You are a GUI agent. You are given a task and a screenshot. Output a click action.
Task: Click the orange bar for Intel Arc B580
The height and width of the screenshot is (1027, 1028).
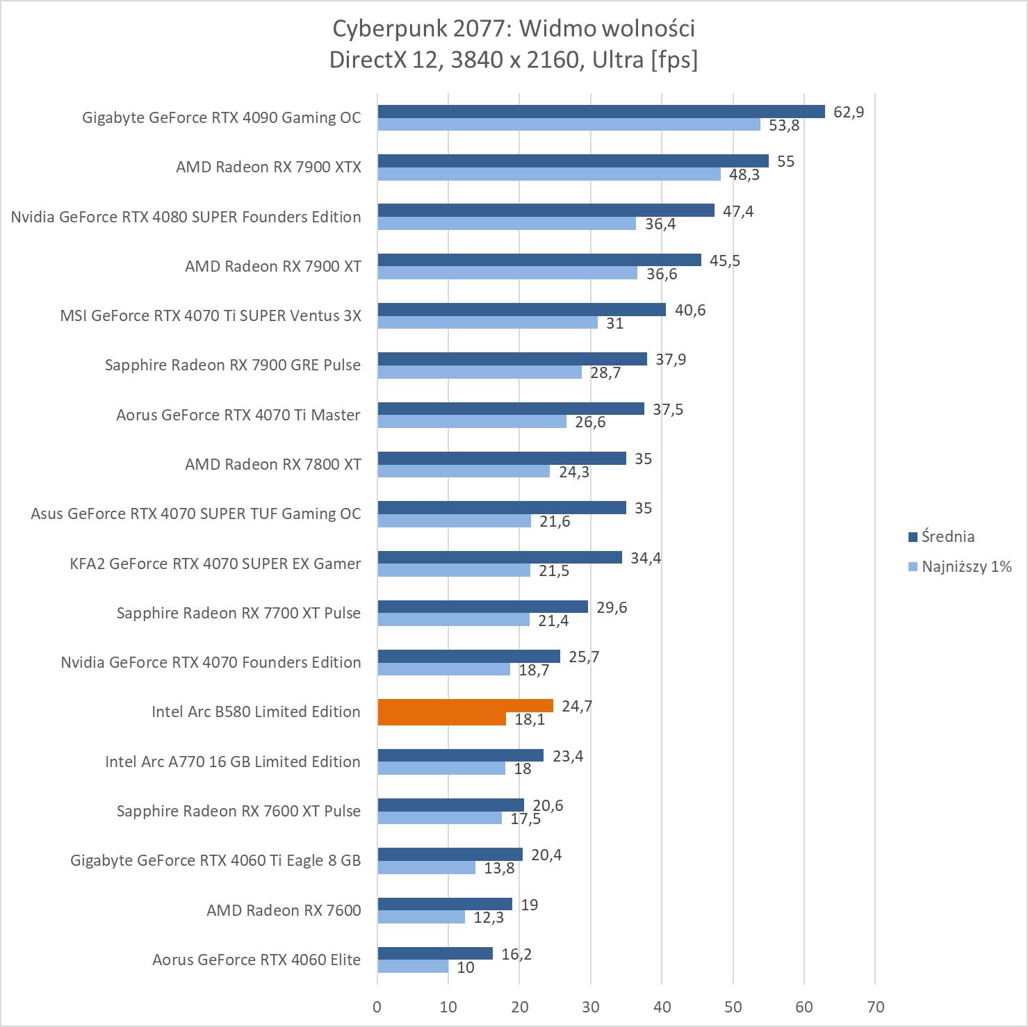[465, 706]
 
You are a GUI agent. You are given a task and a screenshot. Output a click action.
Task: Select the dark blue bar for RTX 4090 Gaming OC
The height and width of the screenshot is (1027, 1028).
[601, 112]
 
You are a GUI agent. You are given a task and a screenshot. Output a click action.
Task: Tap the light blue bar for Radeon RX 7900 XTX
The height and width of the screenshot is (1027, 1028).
[549, 174]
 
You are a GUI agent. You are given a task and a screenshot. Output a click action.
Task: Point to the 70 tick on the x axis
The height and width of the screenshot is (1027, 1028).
[876, 1007]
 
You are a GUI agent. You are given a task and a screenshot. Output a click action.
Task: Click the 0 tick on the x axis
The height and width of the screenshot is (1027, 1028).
[377, 1007]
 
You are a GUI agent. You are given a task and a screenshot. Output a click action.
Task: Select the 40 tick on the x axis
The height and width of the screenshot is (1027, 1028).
[662, 1007]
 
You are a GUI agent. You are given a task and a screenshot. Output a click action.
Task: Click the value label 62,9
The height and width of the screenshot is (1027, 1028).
[849, 112]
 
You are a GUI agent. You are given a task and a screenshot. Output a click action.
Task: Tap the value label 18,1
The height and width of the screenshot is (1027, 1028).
[530, 720]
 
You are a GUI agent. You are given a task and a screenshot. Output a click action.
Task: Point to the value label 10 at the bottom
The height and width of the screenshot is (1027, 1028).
[466, 967]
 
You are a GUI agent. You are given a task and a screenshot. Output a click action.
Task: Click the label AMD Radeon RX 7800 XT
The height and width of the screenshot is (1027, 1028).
[273, 464]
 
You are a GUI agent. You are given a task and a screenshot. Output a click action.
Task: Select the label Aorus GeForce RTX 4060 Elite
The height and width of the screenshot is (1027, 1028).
[256, 960]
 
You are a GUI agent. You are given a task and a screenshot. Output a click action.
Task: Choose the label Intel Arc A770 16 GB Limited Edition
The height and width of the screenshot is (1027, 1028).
[233, 762]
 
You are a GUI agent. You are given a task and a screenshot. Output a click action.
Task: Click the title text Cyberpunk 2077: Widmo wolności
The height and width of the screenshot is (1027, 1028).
[514, 28]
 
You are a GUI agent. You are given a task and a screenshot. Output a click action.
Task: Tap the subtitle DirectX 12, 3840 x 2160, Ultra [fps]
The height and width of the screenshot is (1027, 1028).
[514, 60]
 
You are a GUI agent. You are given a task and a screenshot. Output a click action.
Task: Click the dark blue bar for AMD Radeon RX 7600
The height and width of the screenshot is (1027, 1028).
[445, 904]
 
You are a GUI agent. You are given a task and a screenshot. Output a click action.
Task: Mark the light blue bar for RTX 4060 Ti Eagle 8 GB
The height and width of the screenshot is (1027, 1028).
[427, 868]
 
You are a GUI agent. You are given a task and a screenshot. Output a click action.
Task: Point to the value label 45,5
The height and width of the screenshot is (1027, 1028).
[725, 261]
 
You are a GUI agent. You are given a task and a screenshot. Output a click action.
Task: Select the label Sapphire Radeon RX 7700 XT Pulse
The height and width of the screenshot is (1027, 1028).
[238, 613]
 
